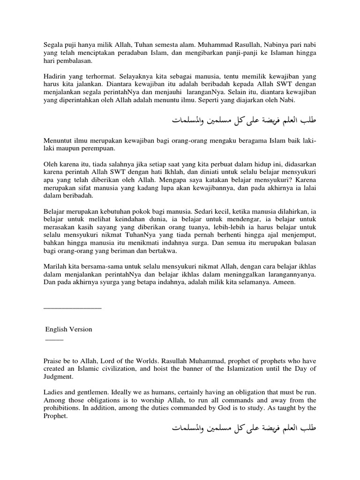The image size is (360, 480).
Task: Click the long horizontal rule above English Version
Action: point(72,308)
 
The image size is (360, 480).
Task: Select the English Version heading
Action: point(68,329)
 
